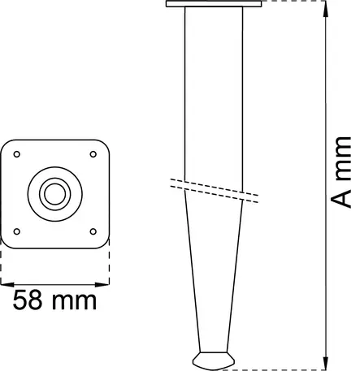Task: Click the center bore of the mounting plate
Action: pos(55,193)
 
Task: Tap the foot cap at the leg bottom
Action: pos(214,358)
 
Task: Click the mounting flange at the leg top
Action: pos(215,5)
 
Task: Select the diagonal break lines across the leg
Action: pos(215,188)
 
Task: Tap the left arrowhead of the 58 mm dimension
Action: pos(5,284)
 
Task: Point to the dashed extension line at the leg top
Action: pos(293,2)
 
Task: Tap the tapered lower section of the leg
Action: pos(214,276)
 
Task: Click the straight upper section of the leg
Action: pos(215,89)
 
